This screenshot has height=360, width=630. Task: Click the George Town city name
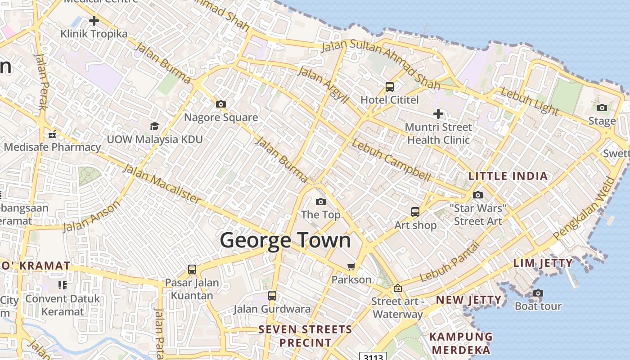(x=285, y=240)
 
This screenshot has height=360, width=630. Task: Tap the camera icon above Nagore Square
(x=220, y=104)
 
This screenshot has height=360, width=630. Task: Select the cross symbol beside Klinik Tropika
(x=94, y=21)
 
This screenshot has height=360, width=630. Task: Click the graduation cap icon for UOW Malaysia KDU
(x=154, y=126)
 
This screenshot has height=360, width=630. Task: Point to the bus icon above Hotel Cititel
(x=390, y=87)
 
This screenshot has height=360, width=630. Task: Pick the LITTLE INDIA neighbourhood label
(x=508, y=176)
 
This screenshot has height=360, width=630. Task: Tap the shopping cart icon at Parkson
(x=351, y=266)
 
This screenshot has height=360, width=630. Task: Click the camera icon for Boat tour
(x=538, y=293)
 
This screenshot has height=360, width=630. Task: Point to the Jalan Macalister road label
(x=161, y=184)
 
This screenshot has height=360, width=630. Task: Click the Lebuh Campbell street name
(x=391, y=160)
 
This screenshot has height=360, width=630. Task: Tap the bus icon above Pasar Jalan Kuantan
(x=192, y=270)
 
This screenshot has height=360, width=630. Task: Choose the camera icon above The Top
(x=320, y=202)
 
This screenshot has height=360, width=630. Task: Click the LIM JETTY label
(x=543, y=263)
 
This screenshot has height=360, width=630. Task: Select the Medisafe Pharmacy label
(x=53, y=147)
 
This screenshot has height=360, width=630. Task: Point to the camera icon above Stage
(x=602, y=108)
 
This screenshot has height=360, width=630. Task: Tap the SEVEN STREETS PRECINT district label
(x=305, y=336)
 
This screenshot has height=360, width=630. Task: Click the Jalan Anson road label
(x=92, y=216)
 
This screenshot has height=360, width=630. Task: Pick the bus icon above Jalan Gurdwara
(x=272, y=296)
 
